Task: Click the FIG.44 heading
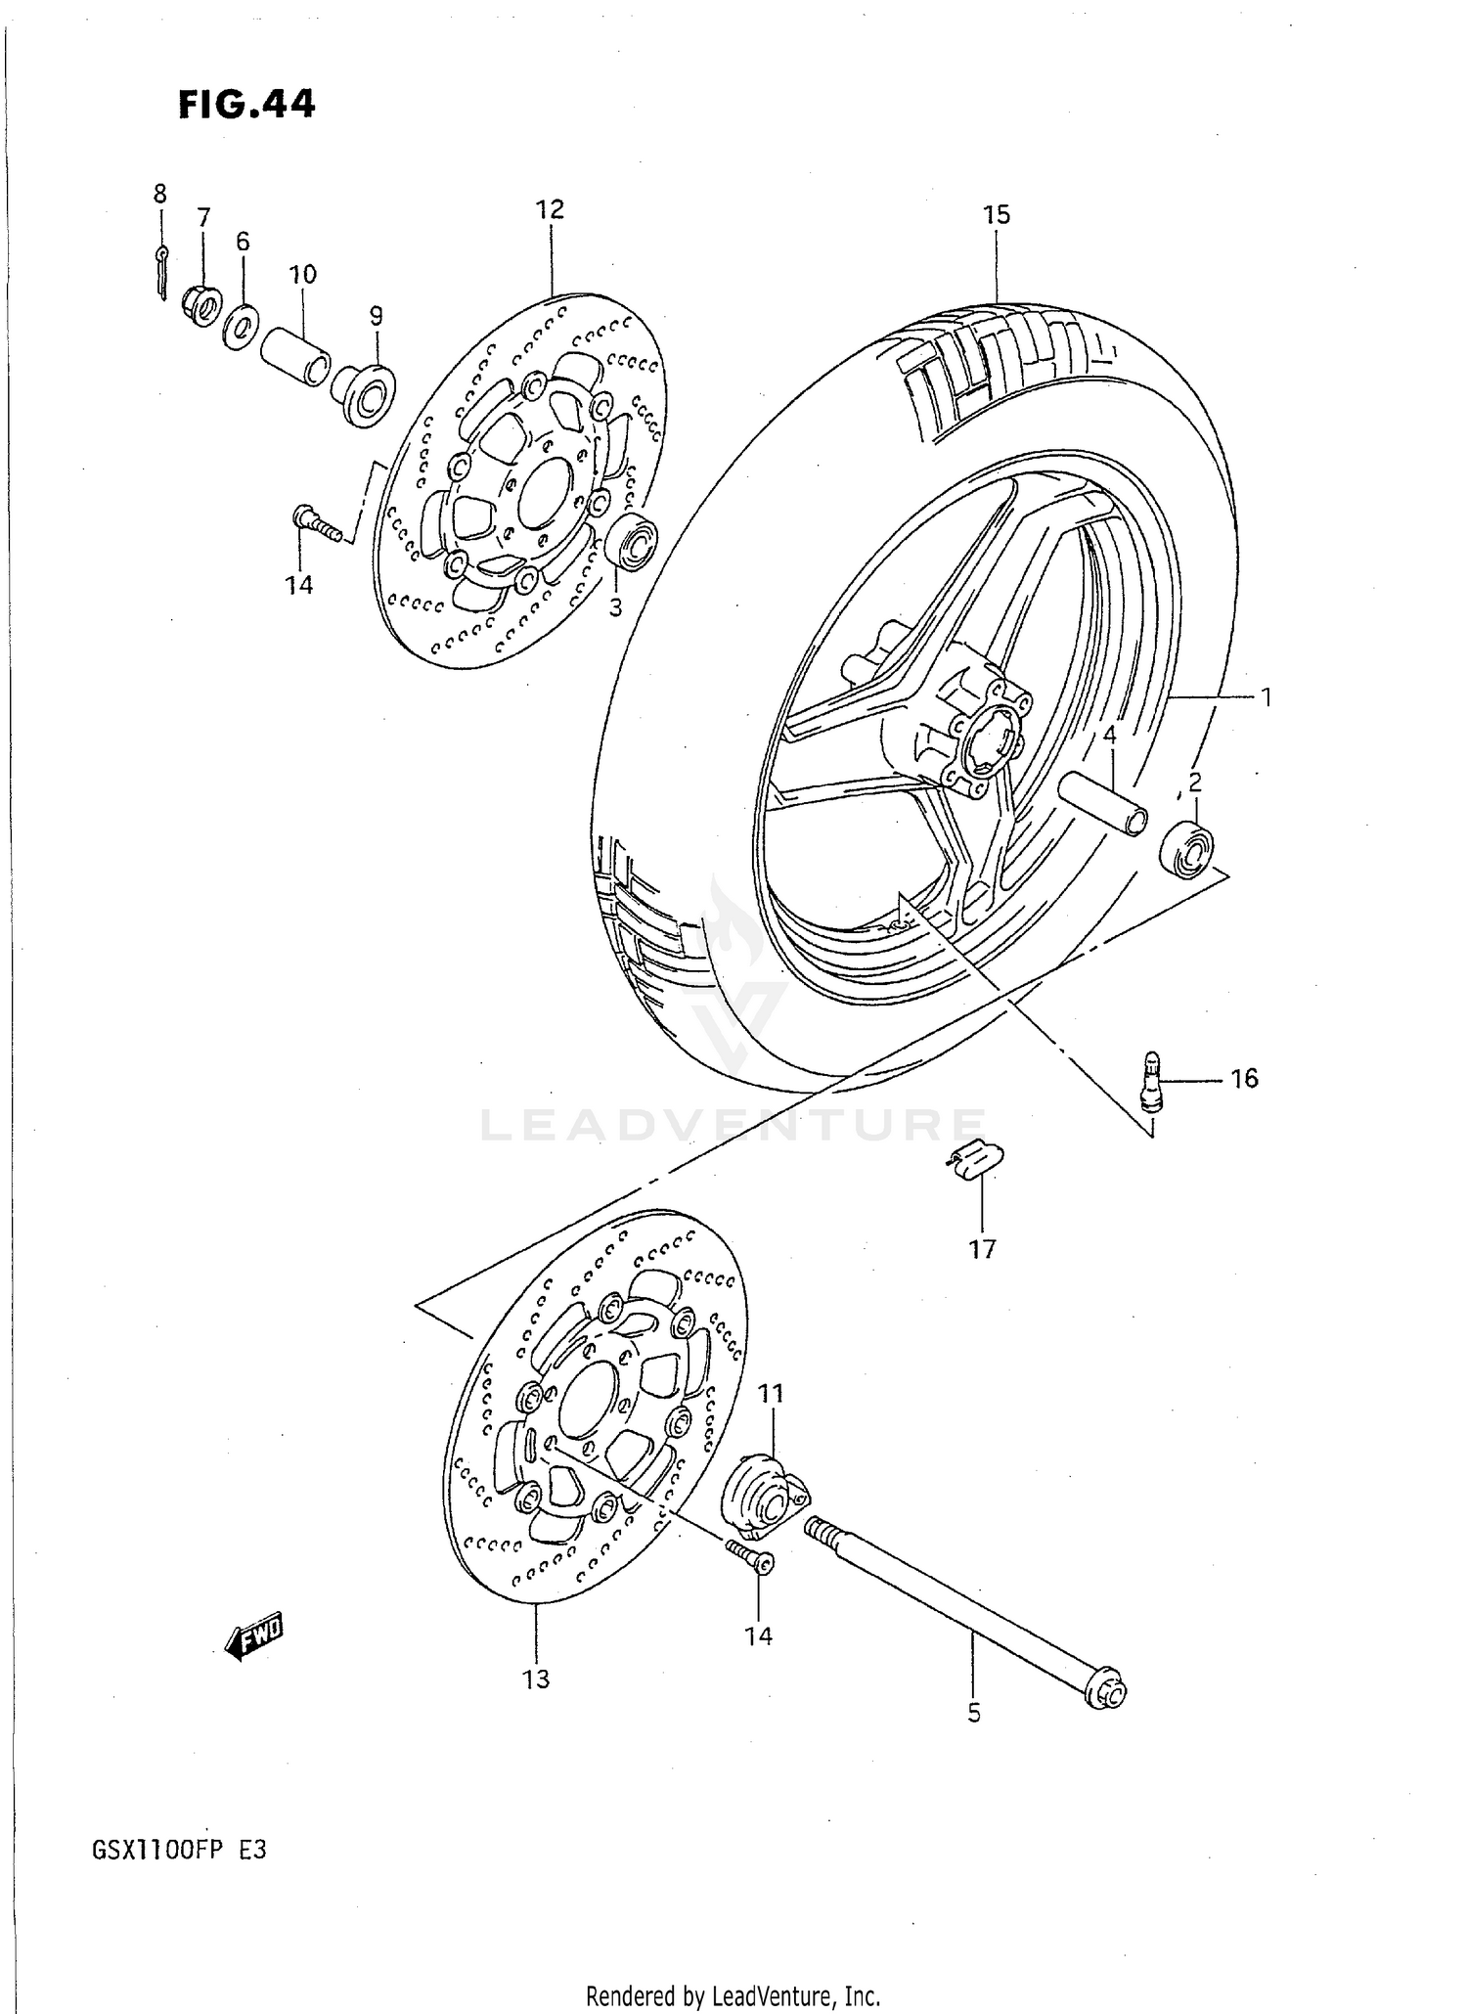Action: click(246, 104)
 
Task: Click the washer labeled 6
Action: click(239, 328)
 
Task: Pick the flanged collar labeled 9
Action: click(365, 393)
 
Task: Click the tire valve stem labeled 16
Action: click(1152, 1079)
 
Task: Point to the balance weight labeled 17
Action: click(972, 1161)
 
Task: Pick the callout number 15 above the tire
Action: click(996, 215)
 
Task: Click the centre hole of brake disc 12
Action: click(544, 493)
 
